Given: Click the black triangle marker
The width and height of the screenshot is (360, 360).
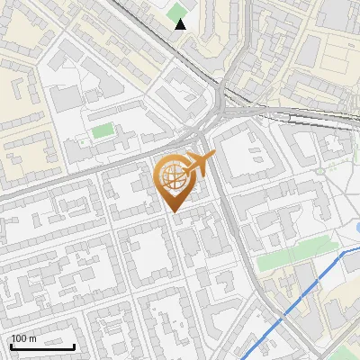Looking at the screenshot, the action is pyautogui.click(x=181, y=23).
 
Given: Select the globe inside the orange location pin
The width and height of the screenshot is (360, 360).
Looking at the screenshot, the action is pyautogui.click(x=174, y=178).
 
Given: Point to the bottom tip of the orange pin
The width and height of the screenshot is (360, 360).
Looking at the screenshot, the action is pyautogui.click(x=174, y=211).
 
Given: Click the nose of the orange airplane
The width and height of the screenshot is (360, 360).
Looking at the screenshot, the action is pyautogui.click(x=213, y=157).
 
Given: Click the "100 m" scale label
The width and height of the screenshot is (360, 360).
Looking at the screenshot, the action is pyautogui.click(x=23, y=338).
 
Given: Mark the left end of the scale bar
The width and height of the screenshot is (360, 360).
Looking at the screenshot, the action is pyautogui.click(x=11, y=346).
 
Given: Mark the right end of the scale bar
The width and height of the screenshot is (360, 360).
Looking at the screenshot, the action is pyautogui.click(x=75, y=346).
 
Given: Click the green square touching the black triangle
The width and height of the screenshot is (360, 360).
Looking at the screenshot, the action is pyautogui.click(x=176, y=13).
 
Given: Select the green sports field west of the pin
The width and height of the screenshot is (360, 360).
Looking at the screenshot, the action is pyautogui.click(x=103, y=130).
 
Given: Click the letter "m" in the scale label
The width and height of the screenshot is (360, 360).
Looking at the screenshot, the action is pyautogui.click(x=32, y=338).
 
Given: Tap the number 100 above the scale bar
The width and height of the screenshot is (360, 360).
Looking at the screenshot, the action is pyautogui.click(x=19, y=338).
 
